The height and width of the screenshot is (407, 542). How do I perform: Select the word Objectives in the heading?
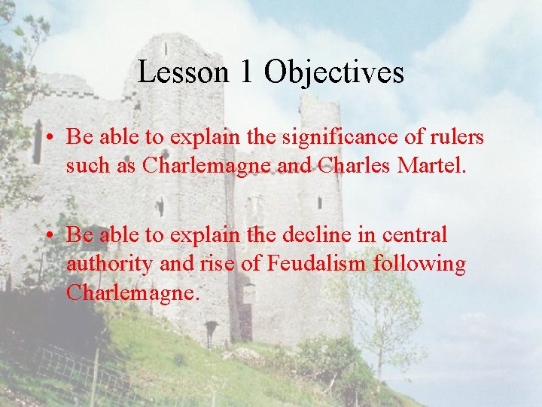click(x=334, y=73)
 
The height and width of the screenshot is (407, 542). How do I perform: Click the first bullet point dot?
click(x=47, y=138)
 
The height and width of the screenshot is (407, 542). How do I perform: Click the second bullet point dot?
click(x=47, y=236)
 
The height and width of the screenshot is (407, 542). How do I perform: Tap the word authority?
click(x=105, y=265)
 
